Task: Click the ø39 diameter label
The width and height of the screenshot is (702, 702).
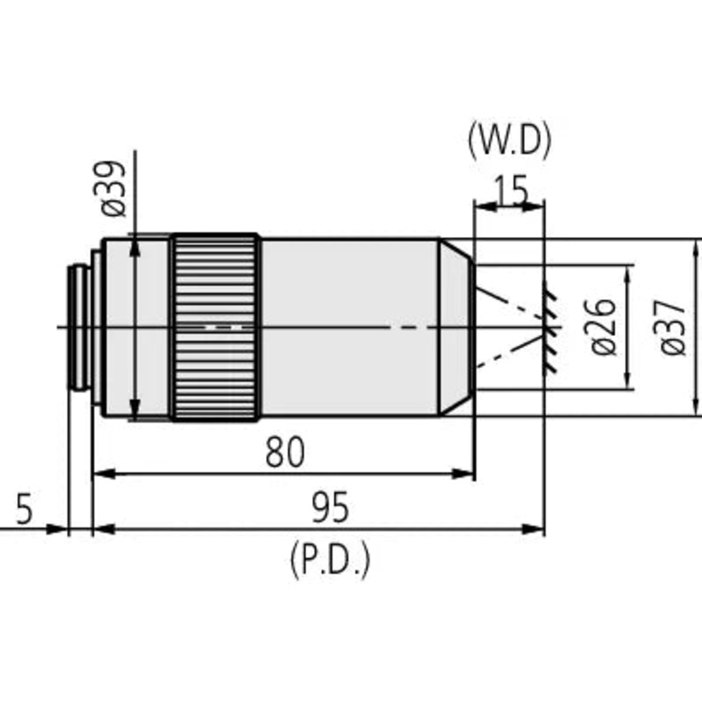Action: [114, 190]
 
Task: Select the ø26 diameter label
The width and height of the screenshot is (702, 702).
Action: [605, 326]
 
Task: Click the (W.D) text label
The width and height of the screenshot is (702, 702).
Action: [508, 140]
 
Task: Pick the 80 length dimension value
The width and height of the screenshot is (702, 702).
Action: [284, 452]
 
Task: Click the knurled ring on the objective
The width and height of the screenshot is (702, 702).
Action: [215, 326]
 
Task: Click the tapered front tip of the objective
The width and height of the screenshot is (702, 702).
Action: [456, 326]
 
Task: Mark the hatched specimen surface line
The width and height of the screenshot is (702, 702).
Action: [548, 326]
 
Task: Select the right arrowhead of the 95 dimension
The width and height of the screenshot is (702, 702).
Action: [536, 529]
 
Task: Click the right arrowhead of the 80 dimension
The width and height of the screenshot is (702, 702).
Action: [466, 474]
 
